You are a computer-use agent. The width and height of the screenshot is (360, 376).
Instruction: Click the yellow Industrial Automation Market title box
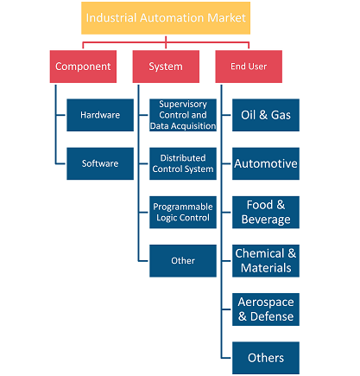[x=166, y=18]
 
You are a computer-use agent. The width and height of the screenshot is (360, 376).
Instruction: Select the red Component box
[x=83, y=67]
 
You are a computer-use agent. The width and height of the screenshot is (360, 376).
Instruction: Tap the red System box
[x=166, y=67]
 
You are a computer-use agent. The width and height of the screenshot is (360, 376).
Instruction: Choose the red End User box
[x=249, y=67]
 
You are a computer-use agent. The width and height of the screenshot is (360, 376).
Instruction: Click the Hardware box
[x=100, y=115]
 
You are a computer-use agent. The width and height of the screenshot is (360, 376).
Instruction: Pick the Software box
[x=100, y=163]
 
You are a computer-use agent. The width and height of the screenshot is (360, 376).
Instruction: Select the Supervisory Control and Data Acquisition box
[x=183, y=115]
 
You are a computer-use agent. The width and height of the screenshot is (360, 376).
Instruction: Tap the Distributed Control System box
[x=183, y=163]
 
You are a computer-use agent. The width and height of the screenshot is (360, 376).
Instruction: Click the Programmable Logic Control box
[x=183, y=213]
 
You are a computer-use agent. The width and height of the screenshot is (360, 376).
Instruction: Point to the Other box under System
[x=183, y=261]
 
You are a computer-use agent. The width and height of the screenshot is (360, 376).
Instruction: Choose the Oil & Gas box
[x=266, y=115]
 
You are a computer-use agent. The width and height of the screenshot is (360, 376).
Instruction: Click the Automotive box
[x=266, y=163]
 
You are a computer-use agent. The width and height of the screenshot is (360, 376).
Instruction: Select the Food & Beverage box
[x=266, y=213]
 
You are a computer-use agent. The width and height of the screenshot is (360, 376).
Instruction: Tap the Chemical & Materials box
[x=266, y=261]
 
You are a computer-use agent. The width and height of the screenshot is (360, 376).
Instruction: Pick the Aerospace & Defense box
[x=266, y=309]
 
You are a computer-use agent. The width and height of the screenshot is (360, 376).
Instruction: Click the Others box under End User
[x=266, y=358]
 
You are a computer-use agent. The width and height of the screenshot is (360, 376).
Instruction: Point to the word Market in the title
[x=226, y=18]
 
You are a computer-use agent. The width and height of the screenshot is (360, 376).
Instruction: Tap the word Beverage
[x=266, y=220]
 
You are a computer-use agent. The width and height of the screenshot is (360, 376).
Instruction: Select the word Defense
[x=272, y=316]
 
